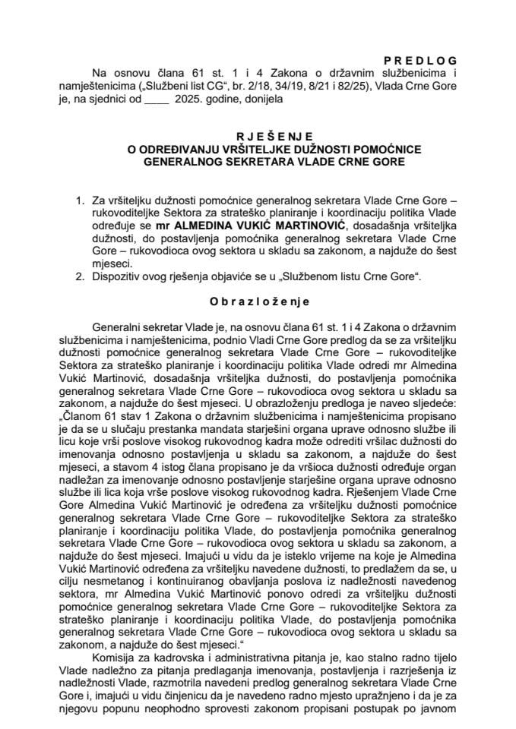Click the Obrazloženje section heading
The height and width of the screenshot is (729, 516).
(258, 301)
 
